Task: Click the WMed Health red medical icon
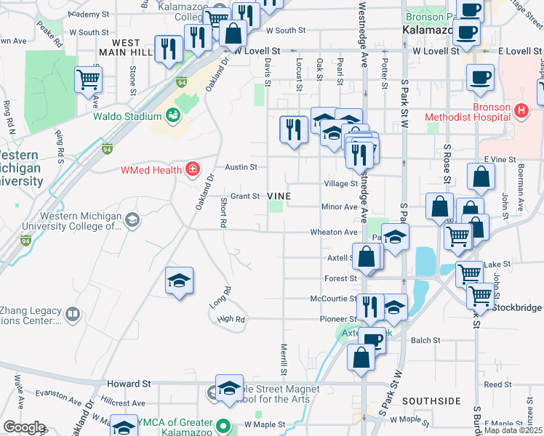pyautogui.click(x=192, y=171)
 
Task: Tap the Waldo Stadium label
pyautogui.click(x=127, y=116)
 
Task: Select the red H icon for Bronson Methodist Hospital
pyautogui.click(x=520, y=111)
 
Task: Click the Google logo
pyautogui.click(x=24, y=427)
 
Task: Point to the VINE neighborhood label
pyautogui.click(x=279, y=196)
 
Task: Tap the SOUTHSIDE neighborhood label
pyautogui.click(x=431, y=401)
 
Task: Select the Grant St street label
pyautogui.click(x=245, y=196)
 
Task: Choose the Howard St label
pyautogui.click(x=128, y=383)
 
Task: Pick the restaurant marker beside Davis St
pyautogui.click(x=293, y=131)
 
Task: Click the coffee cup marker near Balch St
pyautogui.click(x=373, y=339)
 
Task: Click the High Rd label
pyautogui.click(x=230, y=319)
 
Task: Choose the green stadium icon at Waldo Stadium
pyautogui.click(x=173, y=115)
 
